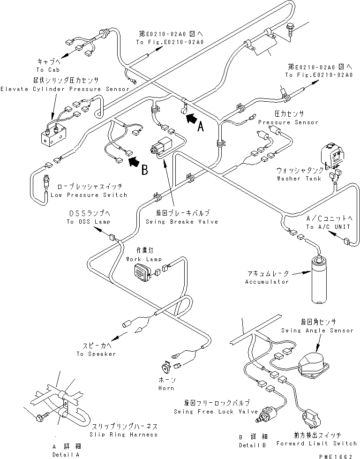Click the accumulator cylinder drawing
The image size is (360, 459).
[320, 279]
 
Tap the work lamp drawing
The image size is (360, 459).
[142, 272]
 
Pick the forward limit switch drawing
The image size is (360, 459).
[311, 418]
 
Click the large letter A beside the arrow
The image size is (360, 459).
[201, 127]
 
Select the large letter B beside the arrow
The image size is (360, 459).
[144, 170]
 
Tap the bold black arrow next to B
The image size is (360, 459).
[135, 161]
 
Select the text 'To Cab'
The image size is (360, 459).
[48, 70]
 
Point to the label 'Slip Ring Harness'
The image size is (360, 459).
[123, 435]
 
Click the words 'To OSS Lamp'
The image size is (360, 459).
[89, 222]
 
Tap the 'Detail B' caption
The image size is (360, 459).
[252, 445]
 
